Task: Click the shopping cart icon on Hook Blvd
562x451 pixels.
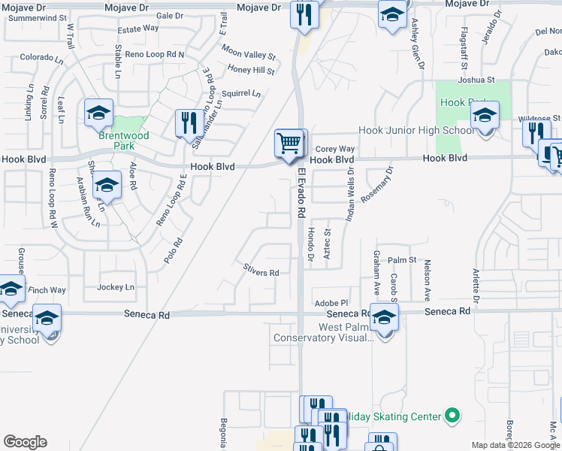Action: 290,142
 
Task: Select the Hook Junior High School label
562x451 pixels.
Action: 415,130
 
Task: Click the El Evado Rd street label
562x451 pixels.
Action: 302,193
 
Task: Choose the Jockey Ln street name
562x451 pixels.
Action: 116,287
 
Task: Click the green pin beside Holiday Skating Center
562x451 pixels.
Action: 452,415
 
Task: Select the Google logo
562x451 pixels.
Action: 25,442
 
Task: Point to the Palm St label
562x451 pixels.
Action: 402,260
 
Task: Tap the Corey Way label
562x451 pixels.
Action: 334,150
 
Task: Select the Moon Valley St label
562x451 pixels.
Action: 249,54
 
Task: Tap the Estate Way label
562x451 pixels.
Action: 138,29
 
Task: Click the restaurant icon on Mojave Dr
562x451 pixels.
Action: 304,16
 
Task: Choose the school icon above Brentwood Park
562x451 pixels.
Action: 98,114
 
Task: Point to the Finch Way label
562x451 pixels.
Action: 47,290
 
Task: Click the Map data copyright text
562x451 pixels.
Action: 516,445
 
